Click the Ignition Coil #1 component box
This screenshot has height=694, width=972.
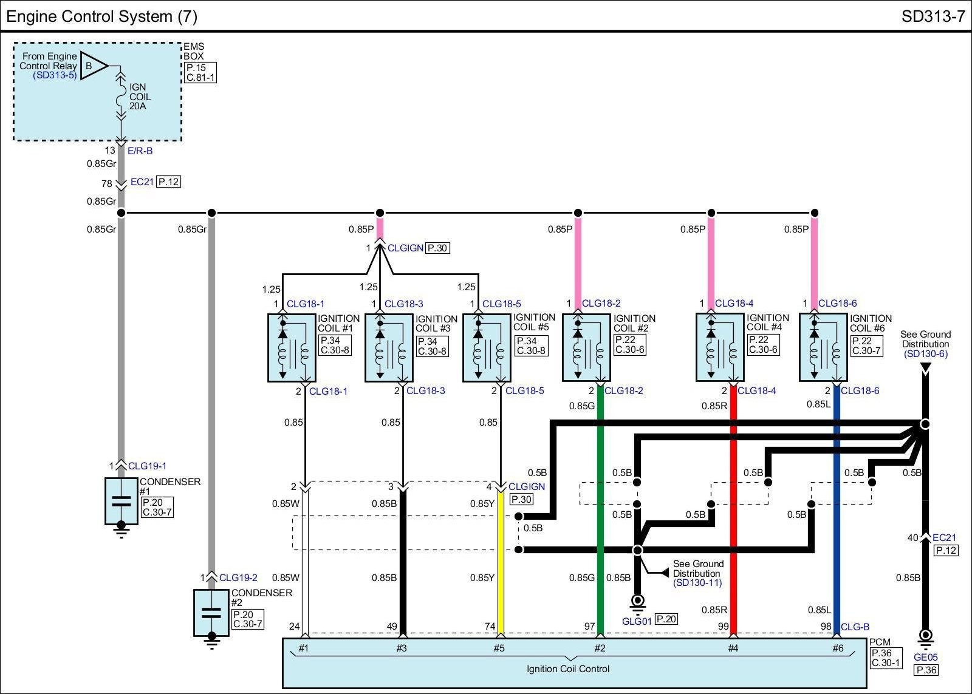(292, 348)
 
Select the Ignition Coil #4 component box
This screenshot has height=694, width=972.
(720, 347)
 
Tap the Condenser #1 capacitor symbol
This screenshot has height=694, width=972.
(122, 502)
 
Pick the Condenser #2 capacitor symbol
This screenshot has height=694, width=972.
(211, 613)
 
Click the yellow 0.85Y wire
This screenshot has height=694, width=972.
(501, 564)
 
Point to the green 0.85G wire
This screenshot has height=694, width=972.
(601, 511)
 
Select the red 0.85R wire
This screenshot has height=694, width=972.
(733, 511)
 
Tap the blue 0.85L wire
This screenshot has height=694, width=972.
(837, 511)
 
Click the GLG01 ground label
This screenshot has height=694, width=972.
(637, 621)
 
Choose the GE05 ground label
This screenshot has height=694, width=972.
(926, 657)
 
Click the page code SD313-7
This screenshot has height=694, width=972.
(933, 16)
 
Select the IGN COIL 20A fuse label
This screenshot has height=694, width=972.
(140, 97)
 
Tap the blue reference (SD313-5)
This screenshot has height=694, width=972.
(55, 75)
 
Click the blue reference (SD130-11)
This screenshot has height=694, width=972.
(698, 582)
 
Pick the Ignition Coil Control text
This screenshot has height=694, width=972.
(568, 669)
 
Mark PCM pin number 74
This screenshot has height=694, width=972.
(490, 627)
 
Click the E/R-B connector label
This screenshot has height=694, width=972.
(140, 151)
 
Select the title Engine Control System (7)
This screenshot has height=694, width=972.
(101, 16)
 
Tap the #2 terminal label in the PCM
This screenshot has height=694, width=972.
(600, 648)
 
